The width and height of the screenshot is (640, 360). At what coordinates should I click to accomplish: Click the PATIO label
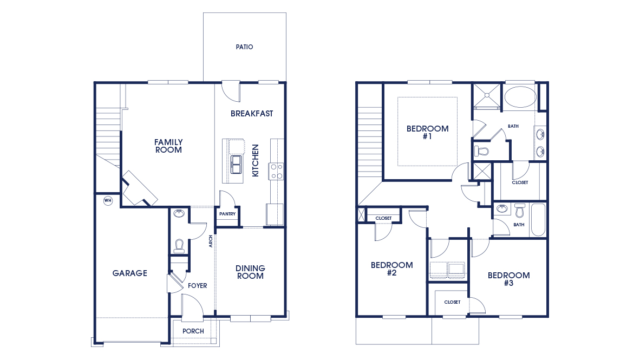[244, 47]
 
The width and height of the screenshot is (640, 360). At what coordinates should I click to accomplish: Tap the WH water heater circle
[107, 200]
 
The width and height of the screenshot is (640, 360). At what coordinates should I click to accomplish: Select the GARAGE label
[129, 273]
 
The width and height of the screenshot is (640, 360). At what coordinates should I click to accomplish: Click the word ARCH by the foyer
[211, 241]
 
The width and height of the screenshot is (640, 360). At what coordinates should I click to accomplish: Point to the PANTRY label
[227, 214]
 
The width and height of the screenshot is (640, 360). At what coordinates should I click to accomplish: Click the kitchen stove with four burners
[277, 171]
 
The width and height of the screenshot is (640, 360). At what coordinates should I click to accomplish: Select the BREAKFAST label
[252, 114]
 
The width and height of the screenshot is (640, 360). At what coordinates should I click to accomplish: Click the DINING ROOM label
[250, 272]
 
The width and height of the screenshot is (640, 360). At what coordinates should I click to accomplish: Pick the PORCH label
[193, 331]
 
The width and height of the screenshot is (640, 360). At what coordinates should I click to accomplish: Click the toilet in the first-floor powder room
[179, 246]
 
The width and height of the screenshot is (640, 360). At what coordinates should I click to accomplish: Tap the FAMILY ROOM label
[168, 146]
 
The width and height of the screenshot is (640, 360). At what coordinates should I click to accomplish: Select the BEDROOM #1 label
[427, 133]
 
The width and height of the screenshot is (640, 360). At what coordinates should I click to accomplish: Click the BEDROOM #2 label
[391, 269]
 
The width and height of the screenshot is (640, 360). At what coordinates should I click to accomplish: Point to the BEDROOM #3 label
[508, 279]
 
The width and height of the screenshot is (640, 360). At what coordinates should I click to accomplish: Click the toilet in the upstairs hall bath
[520, 210]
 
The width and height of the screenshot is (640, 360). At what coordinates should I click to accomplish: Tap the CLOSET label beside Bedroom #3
[452, 302]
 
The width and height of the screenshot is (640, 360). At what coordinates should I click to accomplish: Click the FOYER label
[197, 286]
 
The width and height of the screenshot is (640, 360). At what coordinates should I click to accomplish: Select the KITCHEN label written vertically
[256, 160]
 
